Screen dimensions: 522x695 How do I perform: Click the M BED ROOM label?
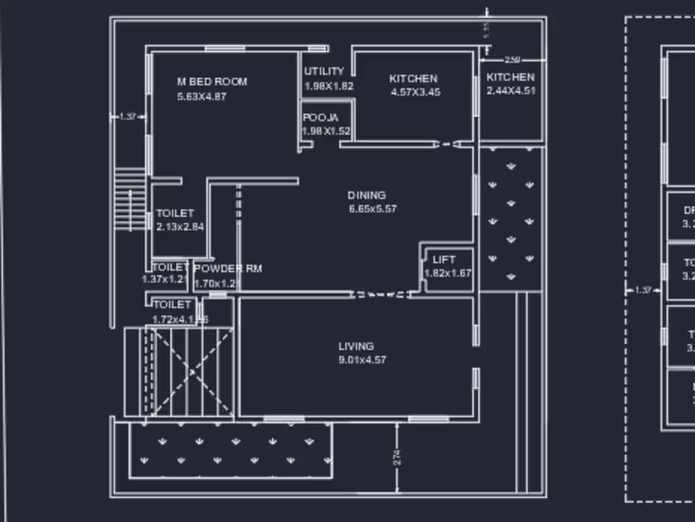pos(212,82)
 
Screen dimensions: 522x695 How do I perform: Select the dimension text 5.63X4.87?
pos(202,97)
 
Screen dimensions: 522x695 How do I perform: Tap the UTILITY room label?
pos(323,71)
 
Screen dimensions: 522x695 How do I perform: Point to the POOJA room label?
pos(320,118)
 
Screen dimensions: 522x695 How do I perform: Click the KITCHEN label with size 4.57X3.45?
pos(413,78)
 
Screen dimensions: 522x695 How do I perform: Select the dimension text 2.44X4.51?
pos(511,91)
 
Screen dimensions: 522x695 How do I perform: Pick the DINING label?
pos(366,195)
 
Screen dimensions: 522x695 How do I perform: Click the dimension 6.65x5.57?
pos(372,209)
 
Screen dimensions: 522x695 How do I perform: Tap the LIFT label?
pos(444,260)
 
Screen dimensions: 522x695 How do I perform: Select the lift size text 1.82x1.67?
pos(447,274)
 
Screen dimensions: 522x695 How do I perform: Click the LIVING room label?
pos(356,346)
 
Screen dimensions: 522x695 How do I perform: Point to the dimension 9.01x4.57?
pos(362,360)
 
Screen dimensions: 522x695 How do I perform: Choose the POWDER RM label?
pos(227,269)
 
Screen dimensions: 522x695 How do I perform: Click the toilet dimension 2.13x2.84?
pos(180,227)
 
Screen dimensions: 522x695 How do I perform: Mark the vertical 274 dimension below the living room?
pos(397,458)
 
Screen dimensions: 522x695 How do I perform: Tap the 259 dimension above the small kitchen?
pos(512,60)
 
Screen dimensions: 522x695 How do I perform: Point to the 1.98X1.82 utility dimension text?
pos(329,87)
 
